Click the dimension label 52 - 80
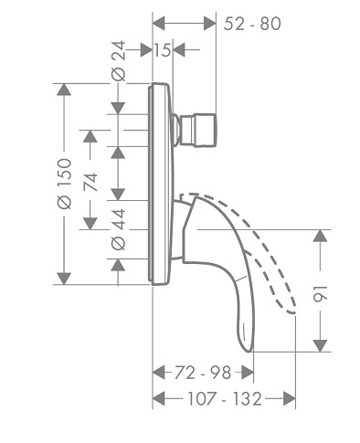click(x=252, y=24)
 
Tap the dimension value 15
click(x=163, y=50)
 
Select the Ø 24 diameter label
click(x=118, y=61)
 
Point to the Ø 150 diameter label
click(x=64, y=184)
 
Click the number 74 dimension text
click(x=90, y=182)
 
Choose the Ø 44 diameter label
click(x=118, y=229)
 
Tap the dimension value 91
click(x=321, y=294)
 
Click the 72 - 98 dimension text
click(x=203, y=373)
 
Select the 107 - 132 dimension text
click(x=225, y=398)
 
